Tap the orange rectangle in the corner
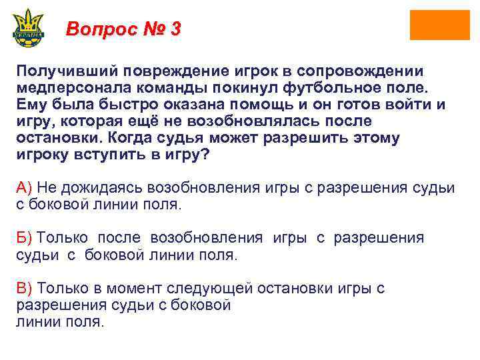coord(439,25)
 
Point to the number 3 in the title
coord(175,30)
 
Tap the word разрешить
coord(317,137)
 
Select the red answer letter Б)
coord(25,237)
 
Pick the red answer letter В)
coord(25,288)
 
